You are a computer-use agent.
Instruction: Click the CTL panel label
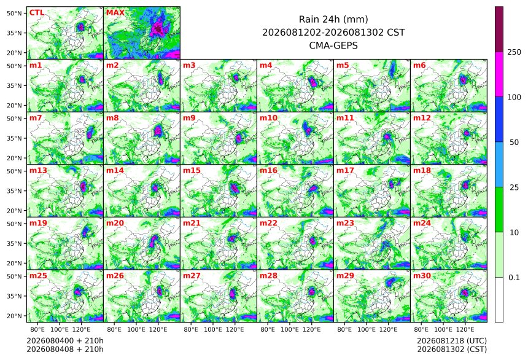point(37,13)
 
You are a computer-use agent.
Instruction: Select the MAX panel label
point(115,13)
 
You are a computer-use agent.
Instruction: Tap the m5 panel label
point(343,65)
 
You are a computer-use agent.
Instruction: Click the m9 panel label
point(189,118)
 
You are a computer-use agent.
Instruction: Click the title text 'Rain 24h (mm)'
point(333,19)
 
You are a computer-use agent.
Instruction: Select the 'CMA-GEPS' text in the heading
point(333,45)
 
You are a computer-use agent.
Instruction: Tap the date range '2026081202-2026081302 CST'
point(333,33)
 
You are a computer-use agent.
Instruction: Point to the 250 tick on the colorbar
point(514,52)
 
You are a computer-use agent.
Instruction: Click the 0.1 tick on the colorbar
point(514,278)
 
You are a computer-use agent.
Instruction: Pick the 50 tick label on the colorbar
point(514,143)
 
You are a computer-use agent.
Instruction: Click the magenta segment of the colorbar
point(499,74)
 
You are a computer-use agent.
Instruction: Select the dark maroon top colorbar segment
point(499,29)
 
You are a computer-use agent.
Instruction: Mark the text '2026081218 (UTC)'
point(452,341)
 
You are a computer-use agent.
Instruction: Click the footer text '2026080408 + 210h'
point(65,349)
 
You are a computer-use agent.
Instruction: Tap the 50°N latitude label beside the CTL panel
point(15,13)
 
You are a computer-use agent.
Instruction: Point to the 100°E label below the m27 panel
point(213,329)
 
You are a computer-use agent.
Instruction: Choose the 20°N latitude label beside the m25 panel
point(15,316)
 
